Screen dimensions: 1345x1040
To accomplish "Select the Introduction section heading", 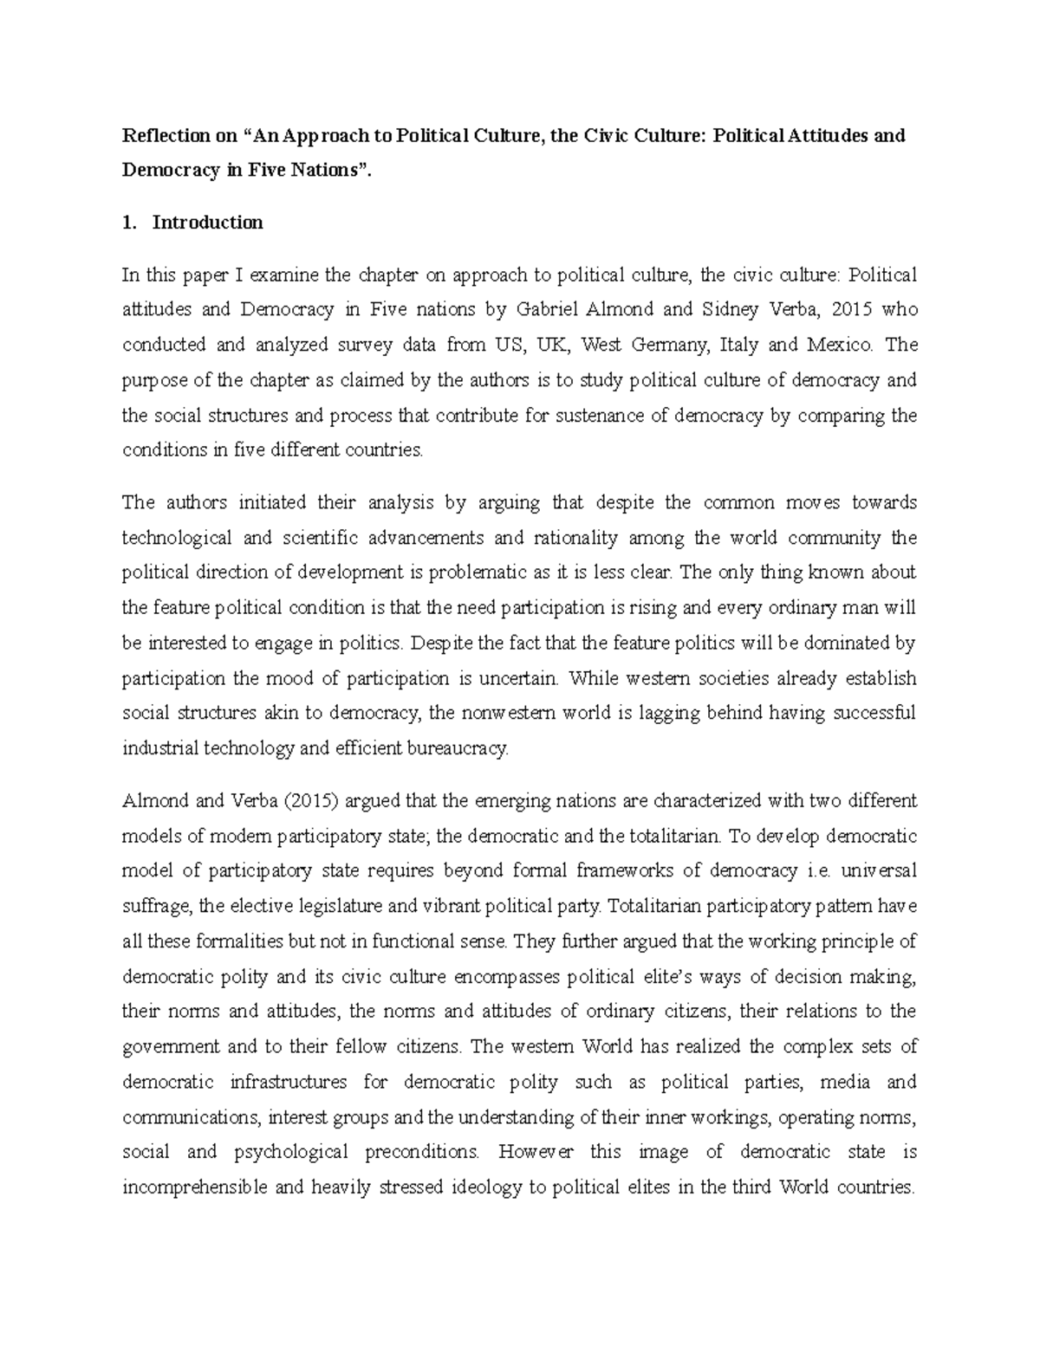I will pyautogui.click(x=207, y=223).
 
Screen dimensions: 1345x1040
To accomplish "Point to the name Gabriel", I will pyautogui.click(x=549, y=310).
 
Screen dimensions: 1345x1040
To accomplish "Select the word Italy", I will pyautogui.click(x=738, y=345).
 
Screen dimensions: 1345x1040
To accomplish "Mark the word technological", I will pyautogui.click(x=177, y=538).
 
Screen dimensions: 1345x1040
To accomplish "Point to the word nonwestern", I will pyautogui.click(x=505, y=714).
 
